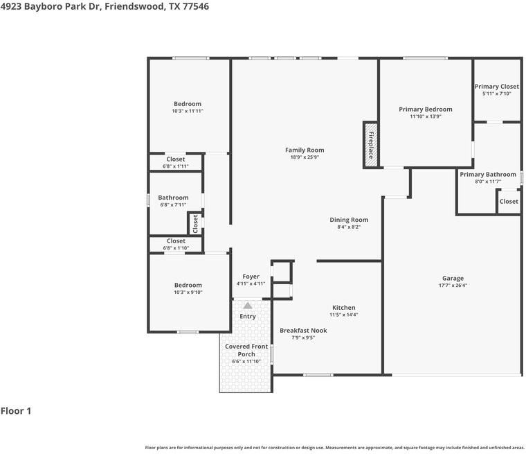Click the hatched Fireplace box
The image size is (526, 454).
tap(371, 145)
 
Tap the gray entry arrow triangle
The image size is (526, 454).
tap(248, 306)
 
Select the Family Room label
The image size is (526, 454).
tap(305, 150)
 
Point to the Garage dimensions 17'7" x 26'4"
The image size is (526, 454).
tap(453, 286)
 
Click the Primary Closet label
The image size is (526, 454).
tap(497, 87)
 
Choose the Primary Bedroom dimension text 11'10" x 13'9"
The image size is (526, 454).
tap(426, 116)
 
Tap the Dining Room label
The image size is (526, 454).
tap(349, 220)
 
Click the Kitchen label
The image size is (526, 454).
tap(344, 308)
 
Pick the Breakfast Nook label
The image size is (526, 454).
tap(303, 331)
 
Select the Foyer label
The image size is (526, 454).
tap(251, 277)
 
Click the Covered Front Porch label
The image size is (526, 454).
tap(246, 350)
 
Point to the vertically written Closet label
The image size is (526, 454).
tap(195, 224)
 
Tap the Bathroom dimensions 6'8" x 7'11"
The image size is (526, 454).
tap(173, 204)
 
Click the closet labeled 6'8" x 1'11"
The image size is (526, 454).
tap(176, 162)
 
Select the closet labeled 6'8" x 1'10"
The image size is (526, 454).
tap(176, 244)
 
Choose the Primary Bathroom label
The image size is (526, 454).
tap(488, 175)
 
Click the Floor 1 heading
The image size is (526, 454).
tap(16, 411)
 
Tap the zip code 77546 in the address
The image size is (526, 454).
tap(196, 6)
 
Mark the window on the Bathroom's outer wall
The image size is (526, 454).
tap(148, 200)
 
